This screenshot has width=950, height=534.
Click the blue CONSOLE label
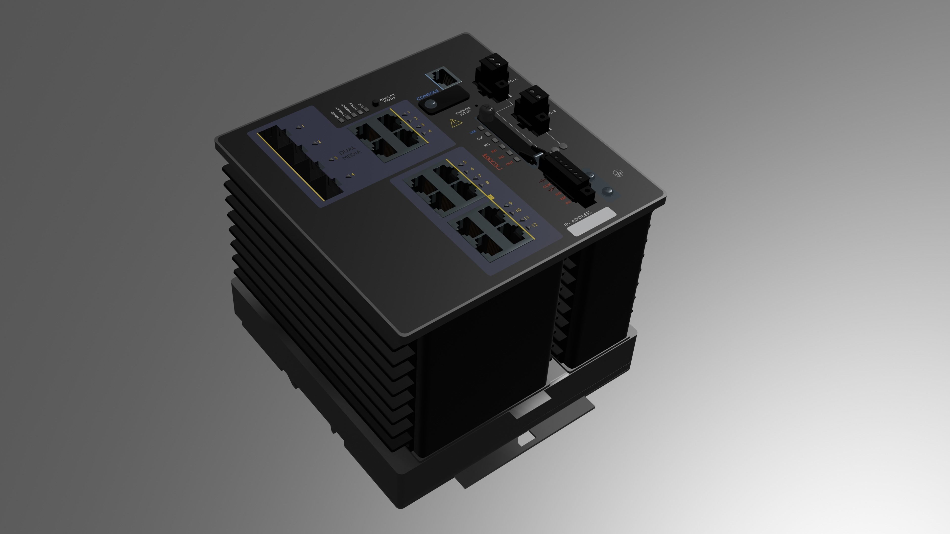tap(428, 95)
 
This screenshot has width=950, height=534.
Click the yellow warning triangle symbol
tap(456, 123)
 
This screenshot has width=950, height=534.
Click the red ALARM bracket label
tap(492, 162)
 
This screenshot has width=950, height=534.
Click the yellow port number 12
tap(534, 225)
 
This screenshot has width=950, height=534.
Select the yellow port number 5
tap(465, 162)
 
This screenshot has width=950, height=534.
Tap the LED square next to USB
tap(481, 128)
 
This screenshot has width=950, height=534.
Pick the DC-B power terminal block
tap(531, 109)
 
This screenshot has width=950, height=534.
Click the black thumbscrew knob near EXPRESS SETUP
tap(486, 113)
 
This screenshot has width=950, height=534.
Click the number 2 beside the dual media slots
tap(319, 142)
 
